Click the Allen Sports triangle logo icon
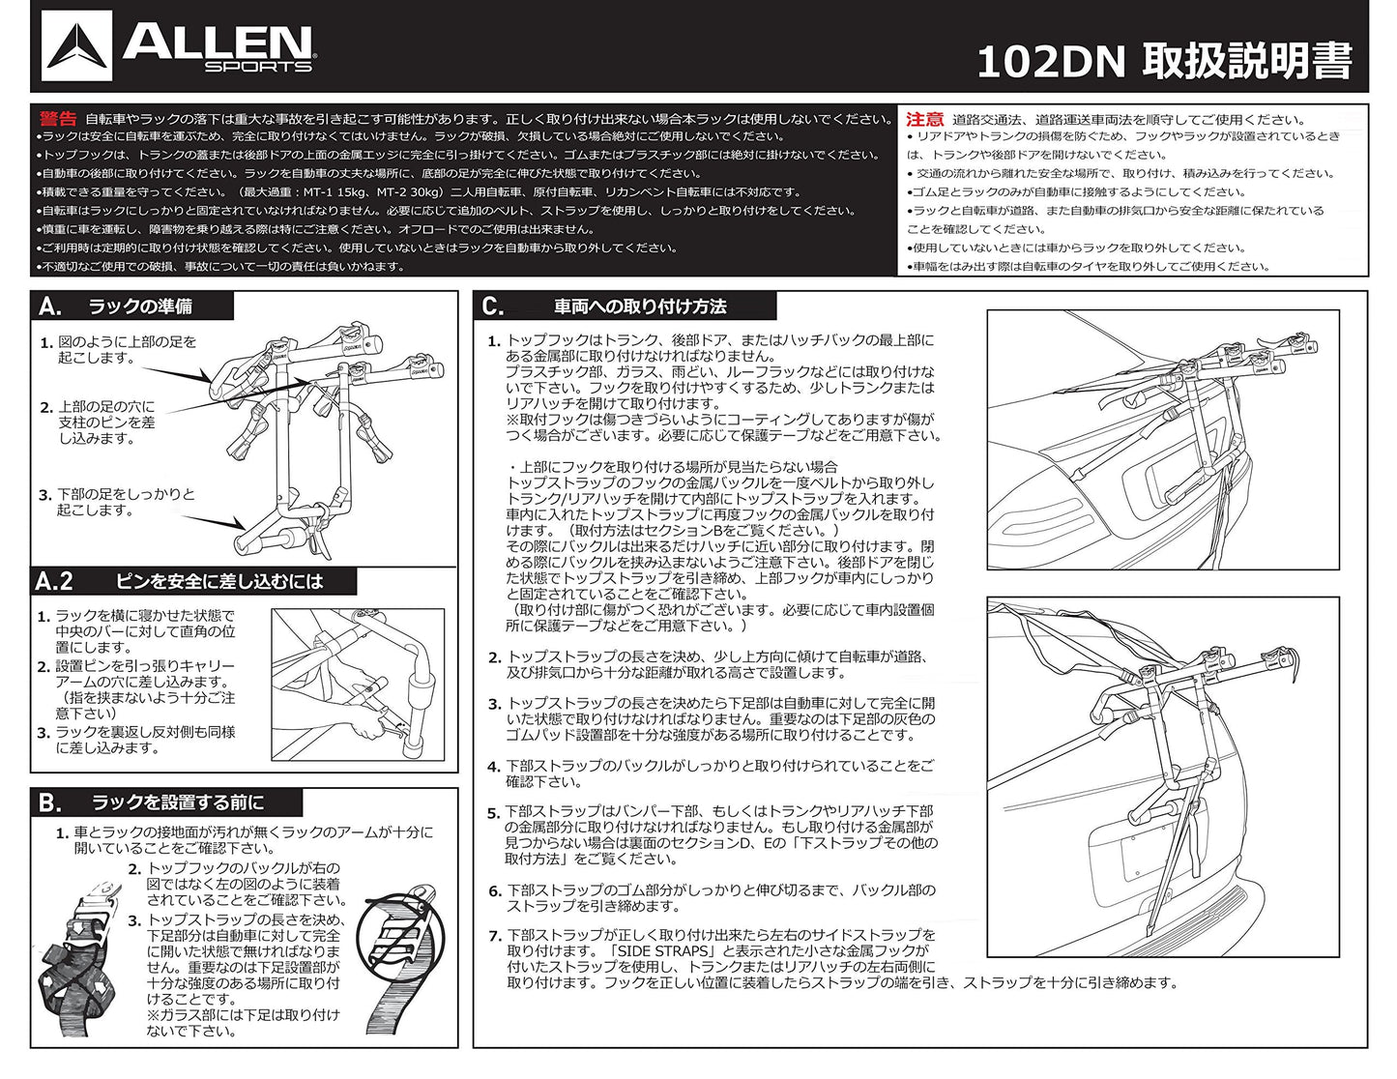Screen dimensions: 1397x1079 [76, 45]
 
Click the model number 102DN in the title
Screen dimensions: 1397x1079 [1051, 63]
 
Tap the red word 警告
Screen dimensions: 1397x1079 [58, 119]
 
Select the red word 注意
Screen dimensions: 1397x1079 [924, 119]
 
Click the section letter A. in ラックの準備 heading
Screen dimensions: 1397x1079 [50, 306]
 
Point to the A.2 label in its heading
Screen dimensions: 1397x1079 [54, 582]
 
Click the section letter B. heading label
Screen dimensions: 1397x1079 [50, 802]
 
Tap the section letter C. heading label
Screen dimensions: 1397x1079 [493, 306]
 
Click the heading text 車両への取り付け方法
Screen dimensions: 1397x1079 [640, 306]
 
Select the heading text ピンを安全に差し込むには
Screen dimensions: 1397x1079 [219, 582]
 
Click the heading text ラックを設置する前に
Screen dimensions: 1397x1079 [178, 802]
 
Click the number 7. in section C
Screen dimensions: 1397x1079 [495, 936]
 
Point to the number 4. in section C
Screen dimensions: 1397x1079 [494, 767]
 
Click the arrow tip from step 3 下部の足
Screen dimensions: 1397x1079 [245, 528]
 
